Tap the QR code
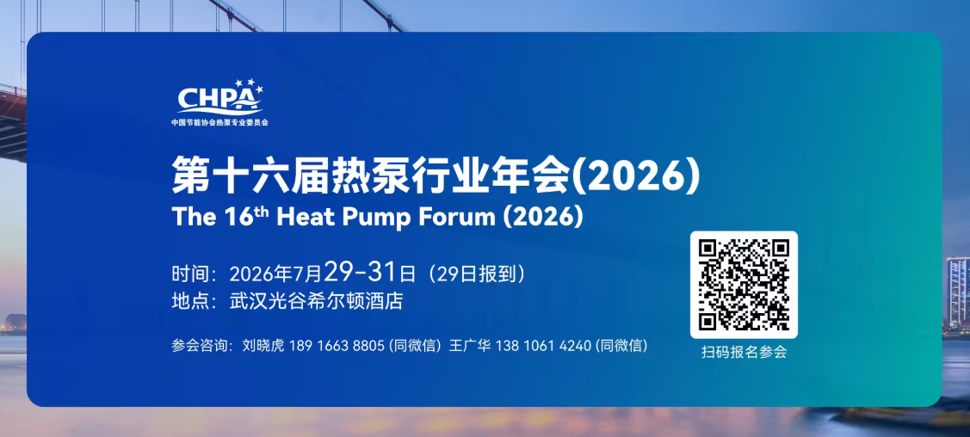[744, 285]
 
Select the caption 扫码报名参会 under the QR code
[744, 353]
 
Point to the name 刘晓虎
[263, 346]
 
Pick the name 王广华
[470, 346]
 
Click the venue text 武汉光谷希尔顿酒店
[316, 301]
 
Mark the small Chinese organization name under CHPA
[219, 122]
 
